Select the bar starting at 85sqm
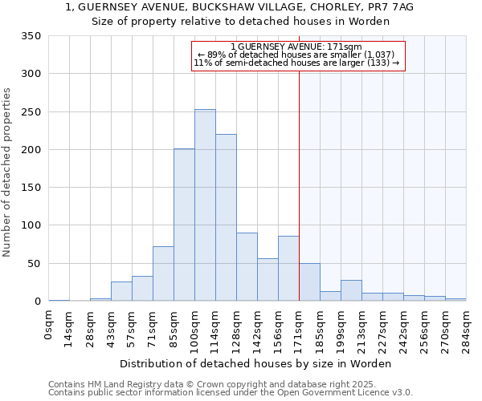[184, 225]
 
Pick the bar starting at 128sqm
[247, 267]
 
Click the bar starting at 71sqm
[163, 273]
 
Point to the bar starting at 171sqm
[309, 282]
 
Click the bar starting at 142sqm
[268, 280]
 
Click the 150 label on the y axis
[31, 188]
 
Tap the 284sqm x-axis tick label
[466, 327]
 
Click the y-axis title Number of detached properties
[8, 172]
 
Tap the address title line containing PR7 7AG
[240, 7]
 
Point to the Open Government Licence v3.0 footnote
[231, 393]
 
